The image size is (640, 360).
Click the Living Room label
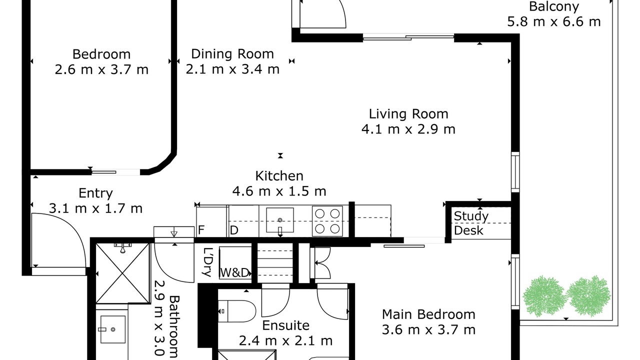[x=408, y=113]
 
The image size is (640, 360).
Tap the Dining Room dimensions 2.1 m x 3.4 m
[x=232, y=69]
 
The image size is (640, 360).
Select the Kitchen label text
[x=279, y=175]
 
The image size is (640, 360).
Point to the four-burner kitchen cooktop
[x=327, y=221]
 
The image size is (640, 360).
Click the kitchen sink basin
[x=280, y=220]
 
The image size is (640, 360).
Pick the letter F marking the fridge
[x=201, y=230]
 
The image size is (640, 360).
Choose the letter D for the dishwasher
[x=233, y=230]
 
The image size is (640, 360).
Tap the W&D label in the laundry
[x=235, y=272]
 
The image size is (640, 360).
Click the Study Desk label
[x=471, y=223]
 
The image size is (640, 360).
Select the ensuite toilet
[x=237, y=311]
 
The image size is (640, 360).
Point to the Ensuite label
[x=285, y=325]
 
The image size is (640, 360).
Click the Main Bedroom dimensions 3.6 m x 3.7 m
[x=428, y=329]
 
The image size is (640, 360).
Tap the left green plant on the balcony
[x=544, y=296]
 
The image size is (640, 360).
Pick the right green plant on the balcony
[x=588, y=296]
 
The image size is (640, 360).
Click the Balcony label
[x=554, y=6]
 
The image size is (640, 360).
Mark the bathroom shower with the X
[x=122, y=273]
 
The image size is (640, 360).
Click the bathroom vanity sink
[x=113, y=329]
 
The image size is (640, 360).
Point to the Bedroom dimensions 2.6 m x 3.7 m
[x=101, y=69]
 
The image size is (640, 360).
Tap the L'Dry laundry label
[x=207, y=262]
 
